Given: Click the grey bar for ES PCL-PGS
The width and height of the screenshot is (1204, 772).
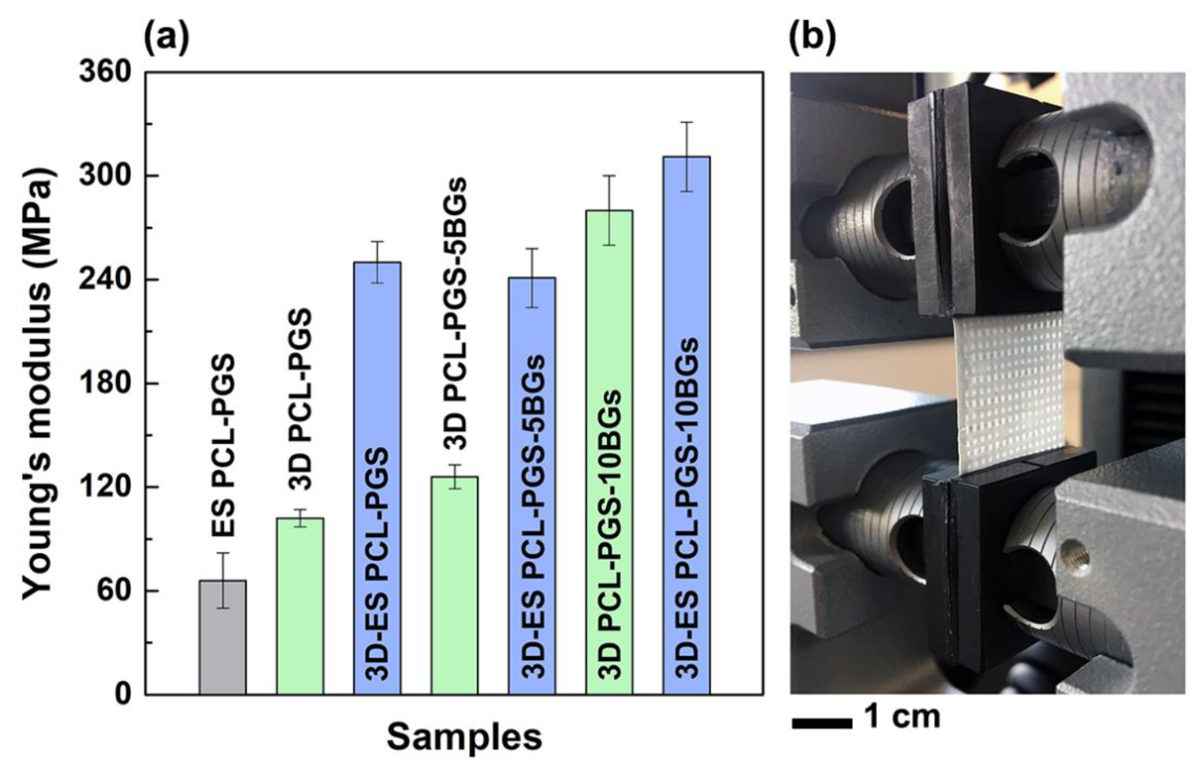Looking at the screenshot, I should coord(222,637).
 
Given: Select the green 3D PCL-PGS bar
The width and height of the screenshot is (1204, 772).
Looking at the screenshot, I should coord(300,606).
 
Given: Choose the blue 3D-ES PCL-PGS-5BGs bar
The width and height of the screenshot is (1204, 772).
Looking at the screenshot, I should coord(531,486).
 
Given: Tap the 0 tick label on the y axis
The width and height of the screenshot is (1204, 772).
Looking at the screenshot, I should coord(122,695).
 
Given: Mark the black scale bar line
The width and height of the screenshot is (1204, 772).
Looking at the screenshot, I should coord(822,723).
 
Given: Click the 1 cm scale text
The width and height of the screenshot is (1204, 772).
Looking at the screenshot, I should coord(903,717).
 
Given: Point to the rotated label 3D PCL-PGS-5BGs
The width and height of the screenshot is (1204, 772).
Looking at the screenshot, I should coord(455,313).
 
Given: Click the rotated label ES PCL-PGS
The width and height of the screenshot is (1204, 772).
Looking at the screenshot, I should coord(223,446).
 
